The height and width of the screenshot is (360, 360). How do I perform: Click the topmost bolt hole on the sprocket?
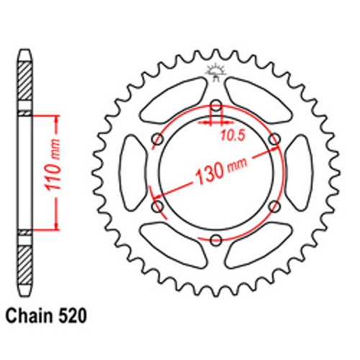click(x=215, y=105)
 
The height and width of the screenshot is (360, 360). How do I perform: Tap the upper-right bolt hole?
click(x=274, y=139)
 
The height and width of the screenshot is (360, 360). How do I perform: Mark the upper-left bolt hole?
click(x=157, y=139)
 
